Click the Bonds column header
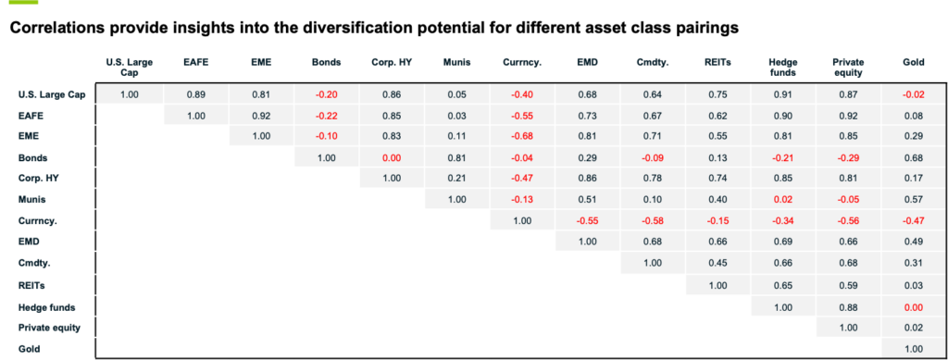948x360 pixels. click(327, 63)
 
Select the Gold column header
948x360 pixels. click(914, 63)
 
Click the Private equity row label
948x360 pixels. click(49, 328)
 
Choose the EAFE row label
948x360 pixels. click(31, 115)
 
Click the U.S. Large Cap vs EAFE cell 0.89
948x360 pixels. click(195, 93)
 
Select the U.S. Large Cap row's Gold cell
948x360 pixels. click(914, 93)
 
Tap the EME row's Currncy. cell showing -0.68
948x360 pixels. click(521, 136)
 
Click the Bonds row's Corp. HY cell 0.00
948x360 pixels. click(391, 157)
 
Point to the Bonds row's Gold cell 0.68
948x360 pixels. click(914, 157)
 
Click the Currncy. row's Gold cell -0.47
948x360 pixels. click(914, 221)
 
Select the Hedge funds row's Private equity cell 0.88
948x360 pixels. click(848, 306)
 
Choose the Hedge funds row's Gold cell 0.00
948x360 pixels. click(914, 306)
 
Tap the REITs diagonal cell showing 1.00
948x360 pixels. click(717, 285)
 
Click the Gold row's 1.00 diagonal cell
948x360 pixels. click(914, 349)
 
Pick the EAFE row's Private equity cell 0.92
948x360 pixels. click(848, 115)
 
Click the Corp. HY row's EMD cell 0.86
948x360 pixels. click(587, 179)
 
